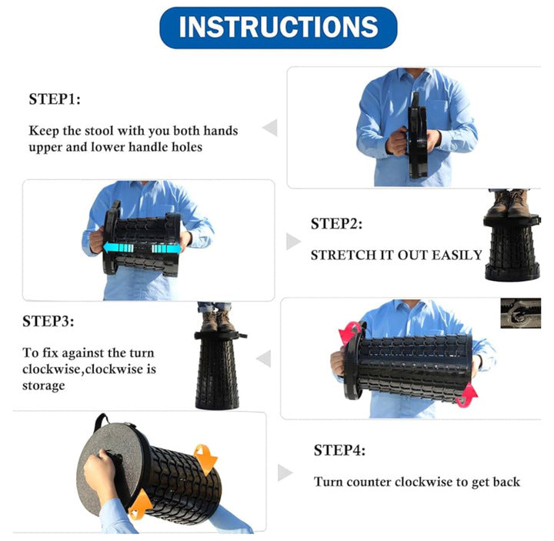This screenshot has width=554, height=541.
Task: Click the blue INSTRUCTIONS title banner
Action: click(279, 28)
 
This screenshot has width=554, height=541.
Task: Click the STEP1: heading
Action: click(55, 99)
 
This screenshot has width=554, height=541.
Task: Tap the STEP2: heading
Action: click(336, 224)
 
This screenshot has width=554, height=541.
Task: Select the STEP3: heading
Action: click(48, 321)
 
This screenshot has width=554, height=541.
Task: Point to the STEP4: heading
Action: click(339, 450)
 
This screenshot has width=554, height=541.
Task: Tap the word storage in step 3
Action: click(43, 386)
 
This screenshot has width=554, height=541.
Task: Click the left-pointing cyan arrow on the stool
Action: click(118, 247)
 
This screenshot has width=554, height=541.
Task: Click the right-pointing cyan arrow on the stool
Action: click(166, 249)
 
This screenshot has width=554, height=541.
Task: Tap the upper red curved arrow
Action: click(350, 332)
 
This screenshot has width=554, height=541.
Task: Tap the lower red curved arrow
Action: click(468, 396)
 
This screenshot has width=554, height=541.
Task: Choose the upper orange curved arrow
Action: click(205, 458)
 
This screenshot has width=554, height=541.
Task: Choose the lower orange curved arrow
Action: click(140, 504)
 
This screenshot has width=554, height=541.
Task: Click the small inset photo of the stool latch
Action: click(520, 313)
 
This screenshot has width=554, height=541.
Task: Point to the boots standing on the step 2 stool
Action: click(508, 203)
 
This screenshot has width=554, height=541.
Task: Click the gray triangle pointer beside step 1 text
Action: click(271, 127)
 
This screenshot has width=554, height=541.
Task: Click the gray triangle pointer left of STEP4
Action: click(285, 473)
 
